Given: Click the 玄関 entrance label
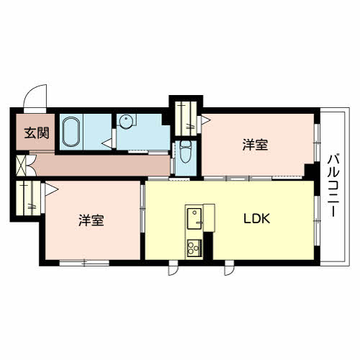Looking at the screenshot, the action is (37, 133).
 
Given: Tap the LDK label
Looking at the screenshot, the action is (257, 218).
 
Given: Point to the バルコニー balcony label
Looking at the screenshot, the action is (333, 186).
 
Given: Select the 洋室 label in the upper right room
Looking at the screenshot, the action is (255, 145).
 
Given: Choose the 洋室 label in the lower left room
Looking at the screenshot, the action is (91, 220).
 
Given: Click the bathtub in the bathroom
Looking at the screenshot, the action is (71, 132).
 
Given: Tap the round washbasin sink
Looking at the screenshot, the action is (126, 121).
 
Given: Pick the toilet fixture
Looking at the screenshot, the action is (186, 152).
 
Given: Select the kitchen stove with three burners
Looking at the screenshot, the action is (194, 248).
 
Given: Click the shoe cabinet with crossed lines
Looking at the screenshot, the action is (21, 166).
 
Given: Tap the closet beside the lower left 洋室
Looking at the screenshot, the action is (28, 198).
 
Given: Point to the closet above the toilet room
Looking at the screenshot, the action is (186, 119).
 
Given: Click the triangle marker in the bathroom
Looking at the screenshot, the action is (107, 143).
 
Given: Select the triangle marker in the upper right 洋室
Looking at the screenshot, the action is (205, 120).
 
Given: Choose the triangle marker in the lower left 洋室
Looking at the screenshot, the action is (51, 189).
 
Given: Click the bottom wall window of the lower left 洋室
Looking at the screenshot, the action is (84, 263).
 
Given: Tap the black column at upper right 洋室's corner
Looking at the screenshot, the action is (310, 171).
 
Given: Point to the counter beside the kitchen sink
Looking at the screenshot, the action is (209, 217).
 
